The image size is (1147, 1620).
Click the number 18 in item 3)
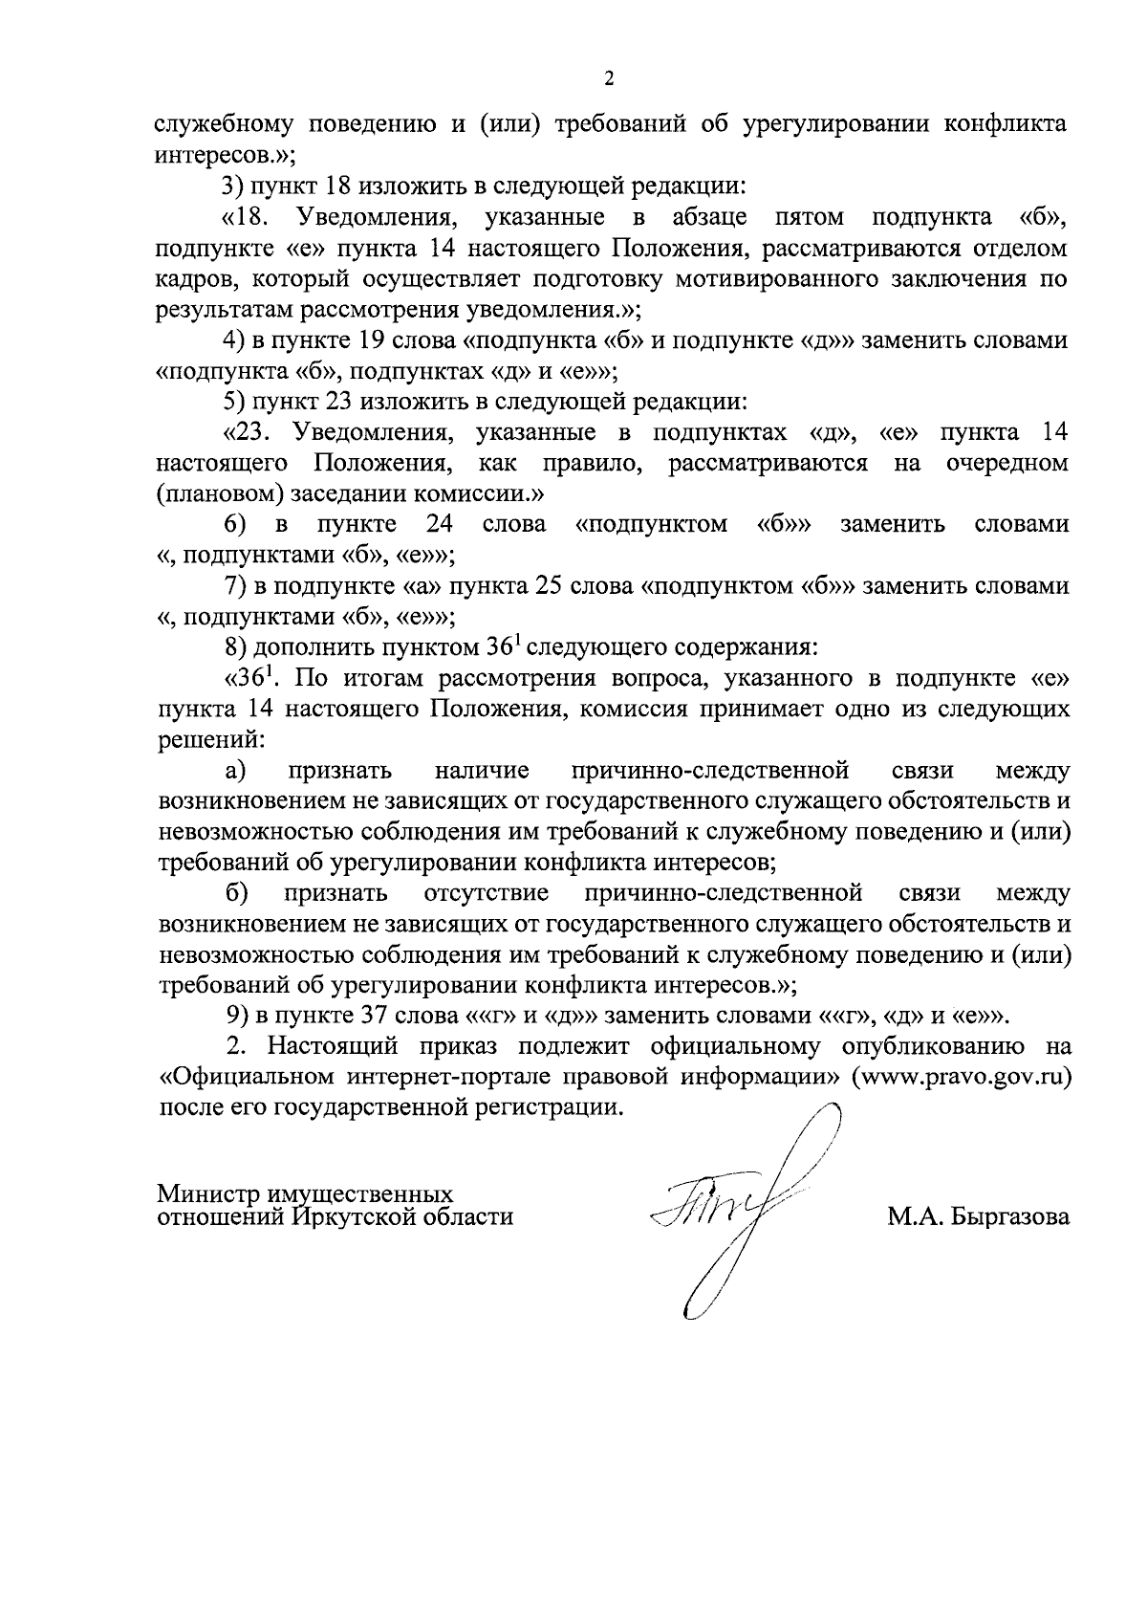click(x=333, y=186)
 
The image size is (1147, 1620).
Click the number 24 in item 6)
click(x=438, y=525)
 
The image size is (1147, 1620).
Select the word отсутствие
click(x=486, y=894)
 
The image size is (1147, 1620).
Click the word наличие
click(x=481, y=771)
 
